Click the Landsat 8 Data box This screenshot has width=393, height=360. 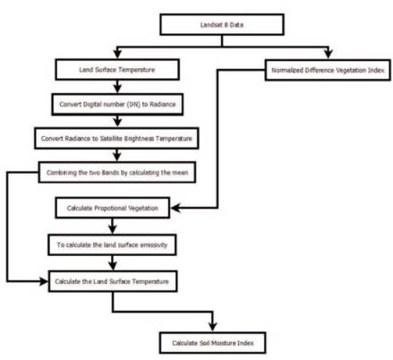(x=222, y=24)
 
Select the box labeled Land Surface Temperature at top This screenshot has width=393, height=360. (x=117, y=70)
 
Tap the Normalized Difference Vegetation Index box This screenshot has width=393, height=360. (x=328, y=70)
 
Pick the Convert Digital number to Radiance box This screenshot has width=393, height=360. (x=117, y=104)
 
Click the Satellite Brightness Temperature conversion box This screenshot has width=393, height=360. (x=116, y=138)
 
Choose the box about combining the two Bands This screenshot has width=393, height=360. (x=117, y=172)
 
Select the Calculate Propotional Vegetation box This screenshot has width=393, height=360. (x=113, y=208)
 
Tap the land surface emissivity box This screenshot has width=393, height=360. (x=112, y=244)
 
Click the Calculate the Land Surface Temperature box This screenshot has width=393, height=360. (x=113, y=281)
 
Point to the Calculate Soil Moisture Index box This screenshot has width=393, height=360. (x=212, y=343)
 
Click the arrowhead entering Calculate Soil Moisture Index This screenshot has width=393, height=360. (x=212, y=326)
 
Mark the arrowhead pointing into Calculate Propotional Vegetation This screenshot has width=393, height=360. (x=176, y=208)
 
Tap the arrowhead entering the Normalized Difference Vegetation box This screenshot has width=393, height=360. (x=329, y=54)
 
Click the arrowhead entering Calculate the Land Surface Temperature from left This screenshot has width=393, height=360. (x=43, y=281)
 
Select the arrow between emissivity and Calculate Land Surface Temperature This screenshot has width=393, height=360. (x=113, y=263)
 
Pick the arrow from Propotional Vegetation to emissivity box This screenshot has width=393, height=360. (x=113, y=227)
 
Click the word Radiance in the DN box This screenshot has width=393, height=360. (x=163, y=104)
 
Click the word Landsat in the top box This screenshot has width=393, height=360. (x=211, y=24)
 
